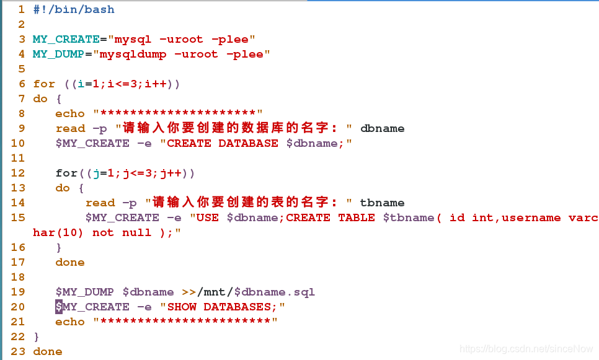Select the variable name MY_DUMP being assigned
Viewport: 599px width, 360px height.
click(58, 54)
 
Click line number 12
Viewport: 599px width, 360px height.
click(18, 173)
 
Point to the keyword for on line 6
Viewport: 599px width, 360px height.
click(44, 84)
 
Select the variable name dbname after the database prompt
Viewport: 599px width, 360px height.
click(382, 128)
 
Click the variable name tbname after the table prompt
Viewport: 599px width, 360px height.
click(382, 203)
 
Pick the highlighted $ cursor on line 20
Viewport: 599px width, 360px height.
click(59, 307)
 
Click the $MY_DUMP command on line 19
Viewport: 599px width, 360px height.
click(84, 292)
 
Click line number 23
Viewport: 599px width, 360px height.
click(18, 351)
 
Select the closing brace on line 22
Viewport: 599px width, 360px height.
click(37, 336)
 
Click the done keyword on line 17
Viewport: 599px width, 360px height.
click(70, 262)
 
